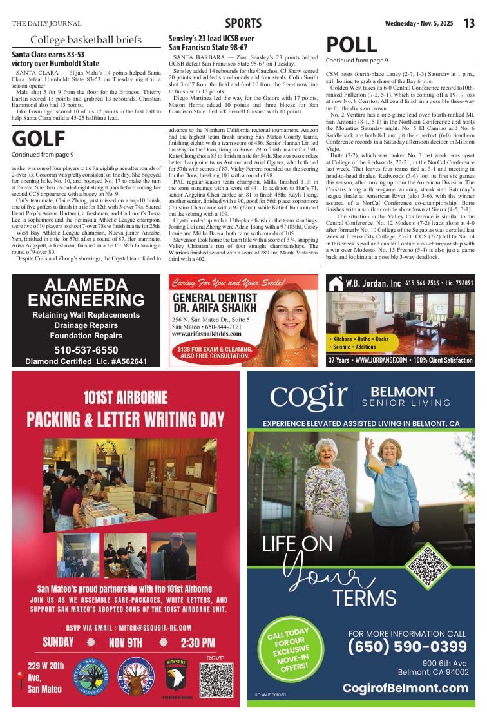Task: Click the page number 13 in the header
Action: coord(469,23)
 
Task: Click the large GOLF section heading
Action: coord(38,139)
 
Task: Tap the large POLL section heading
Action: coord(352,44)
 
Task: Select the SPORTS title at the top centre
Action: coord(243,24)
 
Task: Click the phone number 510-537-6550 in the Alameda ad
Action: coord(86,350)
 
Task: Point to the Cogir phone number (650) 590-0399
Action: coord(407,646)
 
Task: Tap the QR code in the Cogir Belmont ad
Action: coord(428,566)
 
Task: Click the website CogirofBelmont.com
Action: coord(405,688)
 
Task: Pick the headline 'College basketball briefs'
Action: coord(86,40)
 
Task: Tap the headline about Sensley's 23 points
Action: coord(211,43)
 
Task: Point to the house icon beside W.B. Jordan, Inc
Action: coord(335,283)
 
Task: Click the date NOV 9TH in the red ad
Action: coord(126,642)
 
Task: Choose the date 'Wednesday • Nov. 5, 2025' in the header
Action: coord(419,24)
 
